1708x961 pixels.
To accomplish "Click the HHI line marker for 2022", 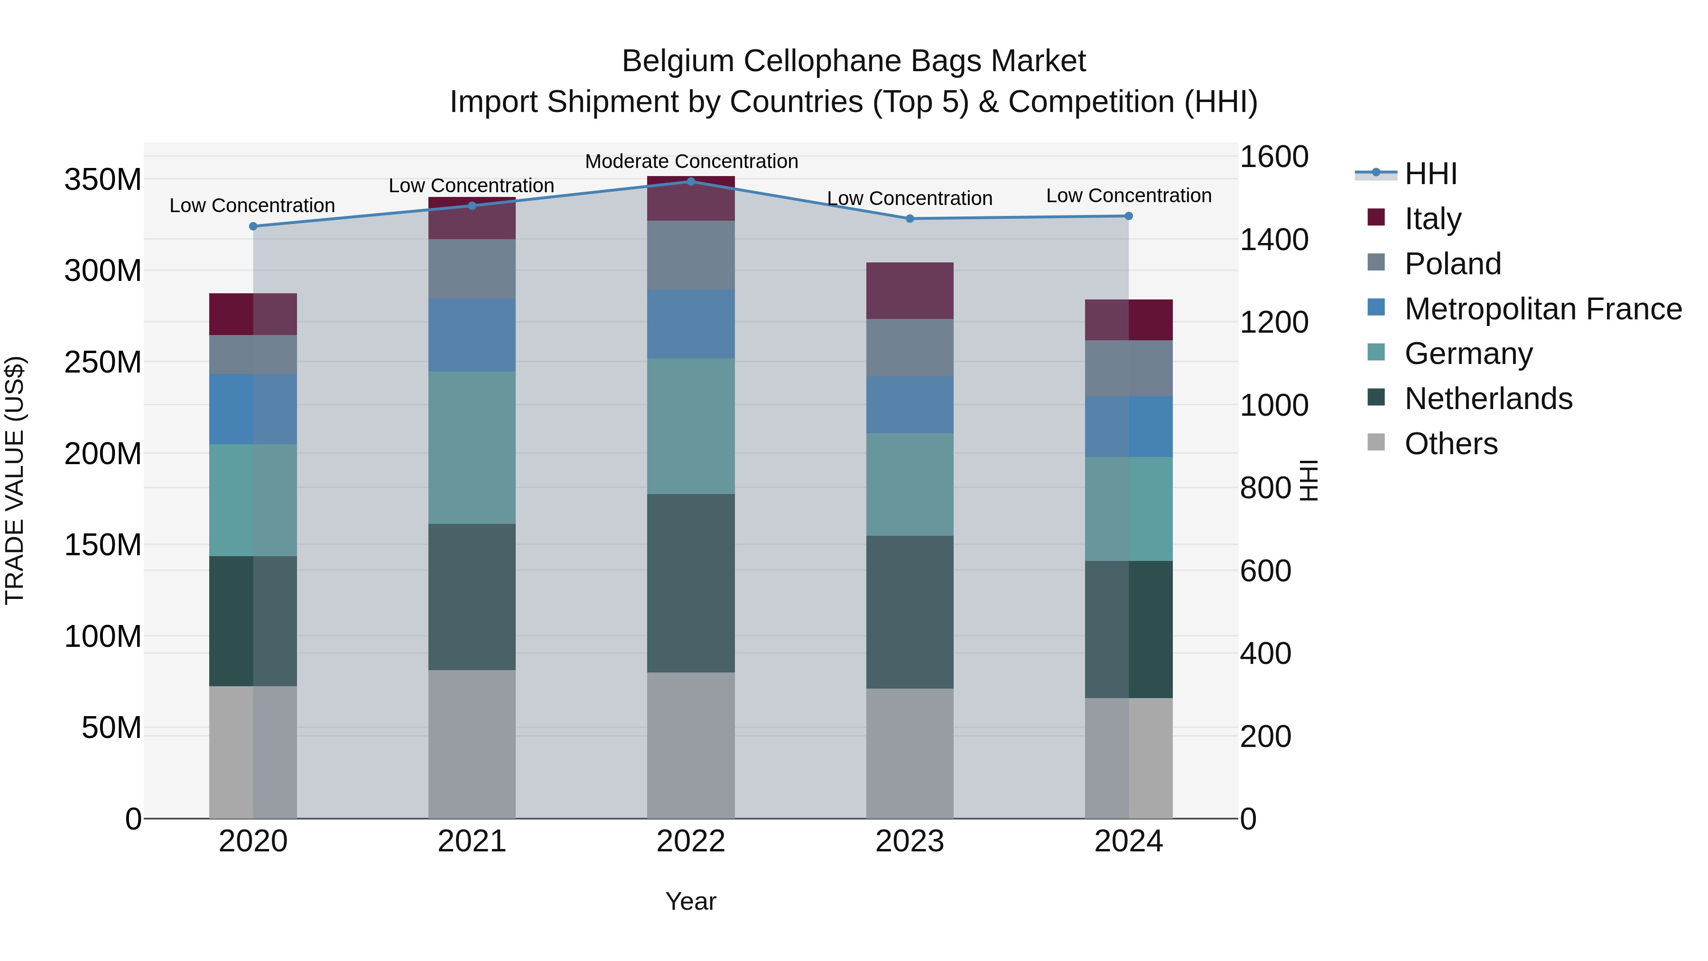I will tap(690, 181).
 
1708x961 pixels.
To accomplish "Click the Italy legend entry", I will tap(1432, 218).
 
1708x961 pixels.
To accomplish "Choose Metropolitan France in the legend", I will tap(1542, 308).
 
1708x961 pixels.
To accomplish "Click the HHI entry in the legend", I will tap(1430, 174).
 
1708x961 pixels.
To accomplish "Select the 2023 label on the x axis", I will tap(909, 841).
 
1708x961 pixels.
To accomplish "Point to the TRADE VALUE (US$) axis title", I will tap(15, 480).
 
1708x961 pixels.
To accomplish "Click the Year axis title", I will tap(690, 901).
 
